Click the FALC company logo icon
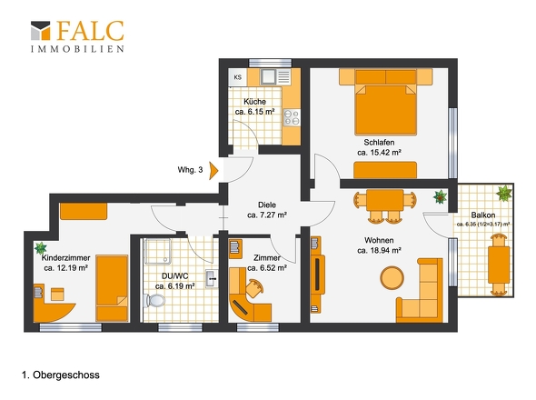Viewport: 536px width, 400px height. tap(41, 31)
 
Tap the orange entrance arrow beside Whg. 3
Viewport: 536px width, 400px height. tap(213, 171)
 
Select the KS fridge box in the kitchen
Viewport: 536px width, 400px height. tap(238, 77)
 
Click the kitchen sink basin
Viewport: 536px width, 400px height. tap(268, 77)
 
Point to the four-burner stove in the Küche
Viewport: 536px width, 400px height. tap(292, 117)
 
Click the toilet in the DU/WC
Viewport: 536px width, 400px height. tap(154, 301)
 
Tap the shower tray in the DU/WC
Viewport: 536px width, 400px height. tap(157, 251)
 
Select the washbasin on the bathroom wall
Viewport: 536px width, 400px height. tap(212, 279)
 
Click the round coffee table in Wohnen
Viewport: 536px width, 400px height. tap(392, 277)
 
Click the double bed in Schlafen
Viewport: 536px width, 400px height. tap(385, 102)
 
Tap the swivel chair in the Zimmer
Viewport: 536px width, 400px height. tap(254, 288)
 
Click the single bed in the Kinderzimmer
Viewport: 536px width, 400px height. tap(112, 288)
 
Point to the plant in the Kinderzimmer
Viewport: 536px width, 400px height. tap(40, 247)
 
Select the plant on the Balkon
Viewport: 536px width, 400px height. tap(504, 194)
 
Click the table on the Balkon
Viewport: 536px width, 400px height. tap(499, 265)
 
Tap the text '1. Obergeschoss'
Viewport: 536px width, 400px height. tap(61, 375)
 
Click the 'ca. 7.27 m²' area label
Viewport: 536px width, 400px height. tap(267, 215)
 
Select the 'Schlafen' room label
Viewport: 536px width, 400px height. tap(379, 142)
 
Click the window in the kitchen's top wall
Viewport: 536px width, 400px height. tap(270, 63)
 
